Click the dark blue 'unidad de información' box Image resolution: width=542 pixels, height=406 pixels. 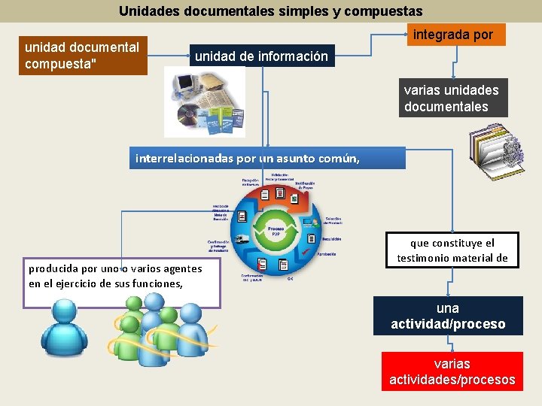point(261,56)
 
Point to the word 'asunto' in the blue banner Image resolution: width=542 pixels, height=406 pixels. point(300,159)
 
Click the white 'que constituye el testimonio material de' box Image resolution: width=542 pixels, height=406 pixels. point(452,250)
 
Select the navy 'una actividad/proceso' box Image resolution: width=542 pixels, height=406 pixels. point(448,317)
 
